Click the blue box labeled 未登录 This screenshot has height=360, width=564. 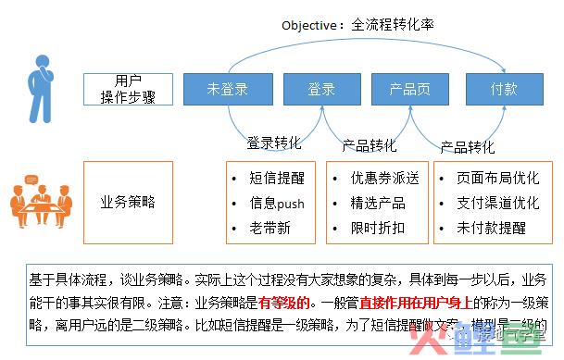[228, 90]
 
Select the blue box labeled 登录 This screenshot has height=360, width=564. [320, 90]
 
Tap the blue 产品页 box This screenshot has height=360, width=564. [409, 90]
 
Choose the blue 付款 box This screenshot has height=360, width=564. [503, 90]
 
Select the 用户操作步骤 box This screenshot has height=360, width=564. [128, 90]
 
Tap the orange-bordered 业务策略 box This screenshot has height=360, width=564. [128, 200]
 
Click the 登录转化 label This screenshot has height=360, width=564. [273, 143]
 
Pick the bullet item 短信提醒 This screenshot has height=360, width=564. [277, 178]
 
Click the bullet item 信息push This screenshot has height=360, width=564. [277, 203]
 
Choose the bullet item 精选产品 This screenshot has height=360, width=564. [378, 203]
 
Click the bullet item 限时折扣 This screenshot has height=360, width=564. [378, 228]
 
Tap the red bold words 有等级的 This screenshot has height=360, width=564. [288, 302]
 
